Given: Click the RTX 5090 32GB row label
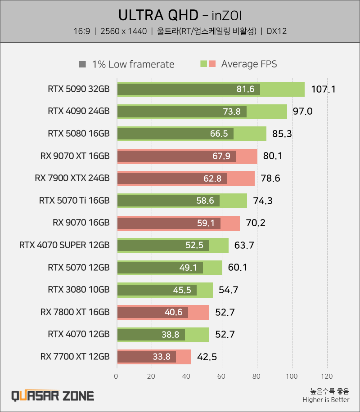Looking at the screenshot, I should coord(78,89).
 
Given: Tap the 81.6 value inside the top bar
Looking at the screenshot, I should coord(245,89).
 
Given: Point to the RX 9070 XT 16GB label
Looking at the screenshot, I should coord(75,156).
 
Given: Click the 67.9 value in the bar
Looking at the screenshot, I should coord(221,156).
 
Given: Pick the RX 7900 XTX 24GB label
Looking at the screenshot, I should coord(72,178).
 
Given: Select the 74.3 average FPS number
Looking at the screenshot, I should coord(263,201).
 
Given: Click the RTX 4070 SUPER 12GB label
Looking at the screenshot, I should coord(64,245).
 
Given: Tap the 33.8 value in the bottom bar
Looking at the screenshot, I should coord(161,357).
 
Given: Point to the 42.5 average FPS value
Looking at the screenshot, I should coord(207,357).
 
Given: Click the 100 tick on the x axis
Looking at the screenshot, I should coord(292,376).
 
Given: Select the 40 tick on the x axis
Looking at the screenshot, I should coord(187,376).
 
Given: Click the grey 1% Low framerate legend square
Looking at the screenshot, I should coord(82,64).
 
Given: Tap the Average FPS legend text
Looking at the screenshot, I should coord(249,64).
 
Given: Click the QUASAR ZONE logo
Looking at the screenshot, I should coord(53,396).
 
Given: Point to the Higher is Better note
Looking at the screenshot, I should coord(326,399).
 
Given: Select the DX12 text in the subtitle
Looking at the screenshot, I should coord(276,31).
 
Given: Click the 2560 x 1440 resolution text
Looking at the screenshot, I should coord(124,31).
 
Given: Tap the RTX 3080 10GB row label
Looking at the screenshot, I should coord(78,290).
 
